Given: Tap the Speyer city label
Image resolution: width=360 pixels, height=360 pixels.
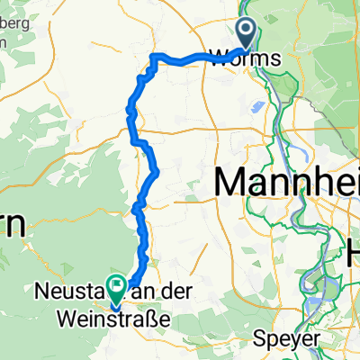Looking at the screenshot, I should tap(296, 339).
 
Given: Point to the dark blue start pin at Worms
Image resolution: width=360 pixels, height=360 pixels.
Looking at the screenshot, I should tap(247, 33).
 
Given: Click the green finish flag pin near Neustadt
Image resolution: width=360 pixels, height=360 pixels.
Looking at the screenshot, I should tap(116, 287).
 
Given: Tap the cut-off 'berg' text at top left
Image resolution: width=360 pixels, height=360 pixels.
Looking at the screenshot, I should tap(15, 22).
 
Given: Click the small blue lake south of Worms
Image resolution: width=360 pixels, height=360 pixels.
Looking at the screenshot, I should tap(258, 107).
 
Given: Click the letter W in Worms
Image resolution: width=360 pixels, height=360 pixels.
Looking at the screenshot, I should tap(218, 59).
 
